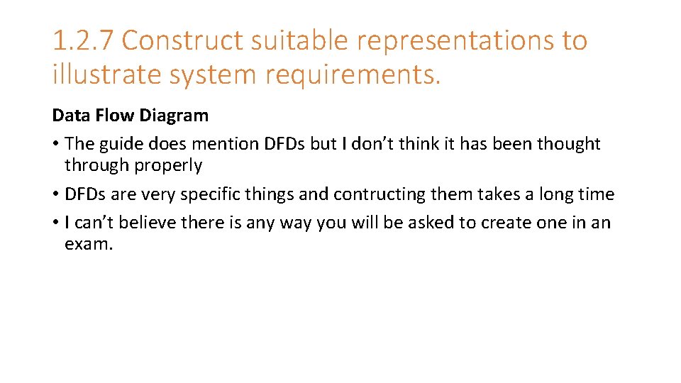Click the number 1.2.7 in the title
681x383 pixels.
(x=82, y=41)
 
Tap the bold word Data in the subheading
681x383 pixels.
(x=68, y=116)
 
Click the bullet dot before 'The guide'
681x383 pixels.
(x=55, y=144)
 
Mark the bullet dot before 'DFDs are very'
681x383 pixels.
(x=55, y=194)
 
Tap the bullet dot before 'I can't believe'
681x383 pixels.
(x=55, y=223)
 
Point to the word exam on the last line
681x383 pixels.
(x=87, y=245)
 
